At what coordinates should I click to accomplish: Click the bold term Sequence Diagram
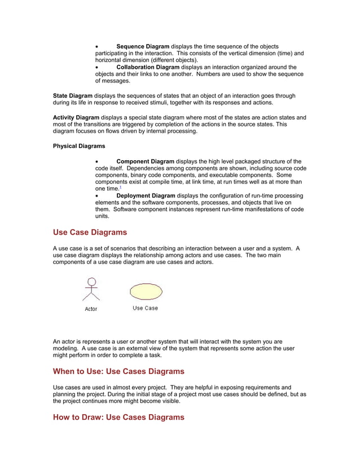pos(143,46)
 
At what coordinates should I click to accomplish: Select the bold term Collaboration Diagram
pos(148,67)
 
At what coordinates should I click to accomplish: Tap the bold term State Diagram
pos(72,96)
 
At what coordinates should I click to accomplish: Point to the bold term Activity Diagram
pos(76,117)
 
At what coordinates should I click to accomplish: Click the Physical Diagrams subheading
pos(79,146)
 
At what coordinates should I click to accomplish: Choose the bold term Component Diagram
pos(146,161)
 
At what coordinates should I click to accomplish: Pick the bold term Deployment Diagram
pos(146,196)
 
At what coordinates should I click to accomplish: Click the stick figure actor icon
pos(91,290)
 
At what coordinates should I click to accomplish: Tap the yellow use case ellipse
pos(146,291)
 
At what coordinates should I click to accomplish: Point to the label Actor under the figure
pos(91,309)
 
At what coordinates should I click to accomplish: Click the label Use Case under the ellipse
pos(145,308)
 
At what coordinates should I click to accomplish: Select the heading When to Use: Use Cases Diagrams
pos(118,371)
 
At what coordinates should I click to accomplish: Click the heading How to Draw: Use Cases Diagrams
pos(118,417)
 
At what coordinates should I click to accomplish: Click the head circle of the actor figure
pos(91,282)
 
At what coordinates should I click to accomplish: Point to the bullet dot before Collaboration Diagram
pos(98,68)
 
